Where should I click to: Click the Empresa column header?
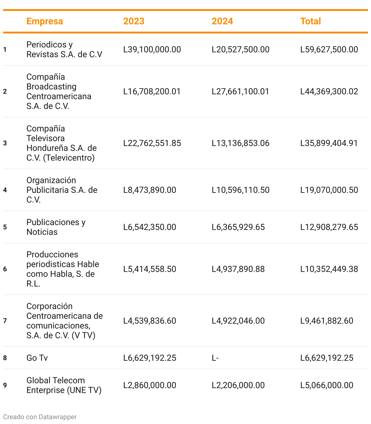[45, 21]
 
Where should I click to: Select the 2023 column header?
[133, 21]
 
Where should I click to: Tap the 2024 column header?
[222, 21]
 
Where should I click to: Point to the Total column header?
[310, 21]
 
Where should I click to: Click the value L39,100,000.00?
[152, 50]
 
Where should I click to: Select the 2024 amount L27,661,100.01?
[240, 92]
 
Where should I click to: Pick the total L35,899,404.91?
[329, 143]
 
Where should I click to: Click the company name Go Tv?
[37, 358]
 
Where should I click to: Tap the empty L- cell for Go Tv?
[215, 358]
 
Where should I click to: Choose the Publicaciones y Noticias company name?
[56, 227]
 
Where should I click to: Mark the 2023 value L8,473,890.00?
[150, 190]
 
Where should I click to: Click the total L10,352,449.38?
[329, 269]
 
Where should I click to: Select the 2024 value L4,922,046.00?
[238, 321]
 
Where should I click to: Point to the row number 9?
[5, 385]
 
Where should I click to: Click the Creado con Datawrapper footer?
[40, 417]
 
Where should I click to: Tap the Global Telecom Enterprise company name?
[64, 385]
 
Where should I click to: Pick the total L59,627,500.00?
[329, 50]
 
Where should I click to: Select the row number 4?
[5, 190]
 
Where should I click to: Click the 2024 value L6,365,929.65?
[238, 227]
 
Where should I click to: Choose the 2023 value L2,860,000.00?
[150, 385]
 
